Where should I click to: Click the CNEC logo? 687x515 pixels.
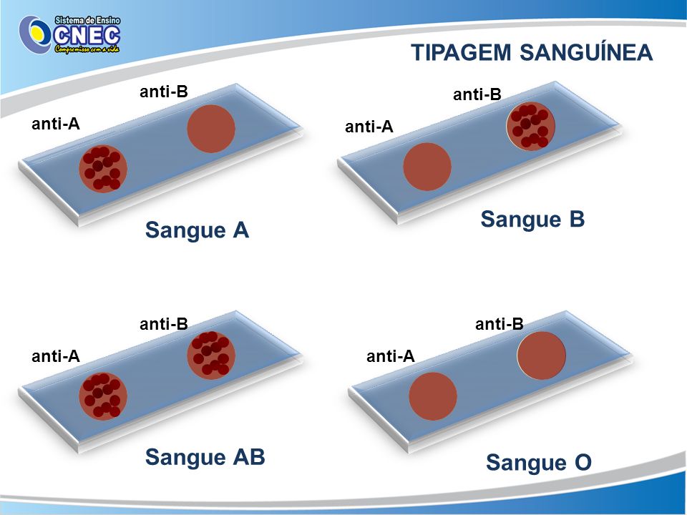pos(69,34)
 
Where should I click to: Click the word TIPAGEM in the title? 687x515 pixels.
pos(461,52)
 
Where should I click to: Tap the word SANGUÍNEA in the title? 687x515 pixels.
pos(586,51)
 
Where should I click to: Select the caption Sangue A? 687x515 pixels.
pos(197,230)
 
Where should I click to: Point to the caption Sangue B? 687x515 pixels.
pos(532,219)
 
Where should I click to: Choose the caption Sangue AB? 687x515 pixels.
pos(205,457)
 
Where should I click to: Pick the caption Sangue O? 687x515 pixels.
pos(538,463)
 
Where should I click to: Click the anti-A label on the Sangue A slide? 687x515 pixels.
pos(56,124)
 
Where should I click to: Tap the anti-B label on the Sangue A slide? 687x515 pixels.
pos(164,92)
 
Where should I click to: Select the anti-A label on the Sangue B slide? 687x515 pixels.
pos(369,127)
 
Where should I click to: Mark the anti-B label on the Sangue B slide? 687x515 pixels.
pos(477,94)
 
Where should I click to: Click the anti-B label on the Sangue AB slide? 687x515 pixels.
pos(164,324)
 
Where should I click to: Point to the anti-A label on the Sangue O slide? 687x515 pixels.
pos(391,356)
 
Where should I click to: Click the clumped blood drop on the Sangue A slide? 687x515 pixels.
pos(103,169)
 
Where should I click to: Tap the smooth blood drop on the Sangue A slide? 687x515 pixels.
pos(211,129)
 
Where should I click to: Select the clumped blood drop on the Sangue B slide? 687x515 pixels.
pos(530,126)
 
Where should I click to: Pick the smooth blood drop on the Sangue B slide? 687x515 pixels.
pos(427,167)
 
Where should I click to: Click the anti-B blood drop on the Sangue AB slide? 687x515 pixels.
pos(211,355)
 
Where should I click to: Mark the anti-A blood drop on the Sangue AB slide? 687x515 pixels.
pos(103,396)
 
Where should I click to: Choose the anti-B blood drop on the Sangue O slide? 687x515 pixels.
pos(542,355)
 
